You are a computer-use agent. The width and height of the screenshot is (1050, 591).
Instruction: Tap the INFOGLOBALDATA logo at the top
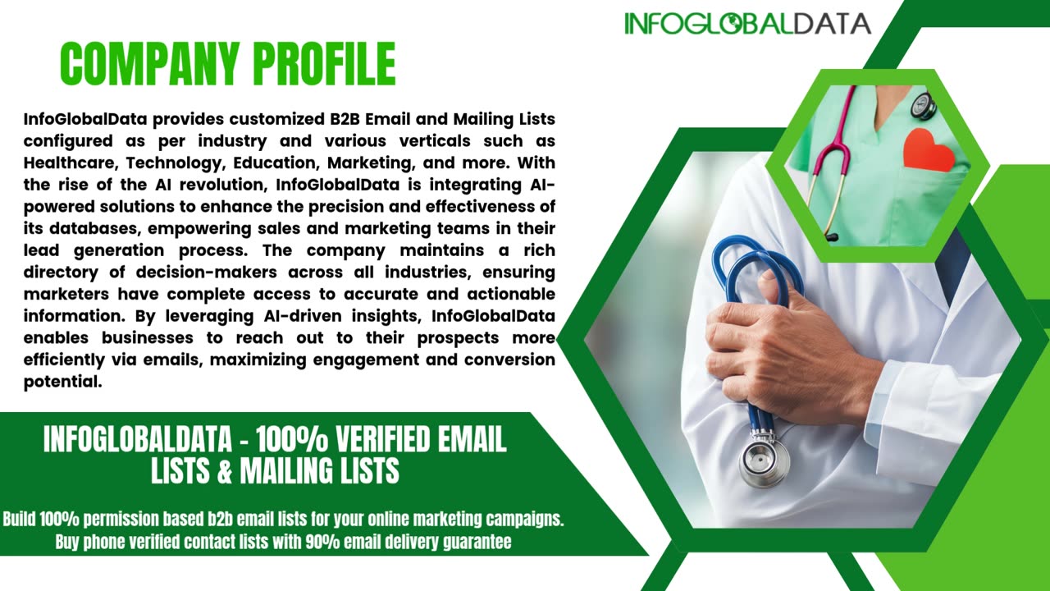pyautogui.click(x=746, y=23)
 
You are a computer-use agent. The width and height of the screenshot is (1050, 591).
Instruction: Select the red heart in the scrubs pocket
pyautogui.click(x=928, y=151)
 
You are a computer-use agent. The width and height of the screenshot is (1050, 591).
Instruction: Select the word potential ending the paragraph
pyautogui.click(x=62, y=381)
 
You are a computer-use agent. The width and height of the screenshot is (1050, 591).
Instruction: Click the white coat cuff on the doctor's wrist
pyautogui.click(x=911, y=402)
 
